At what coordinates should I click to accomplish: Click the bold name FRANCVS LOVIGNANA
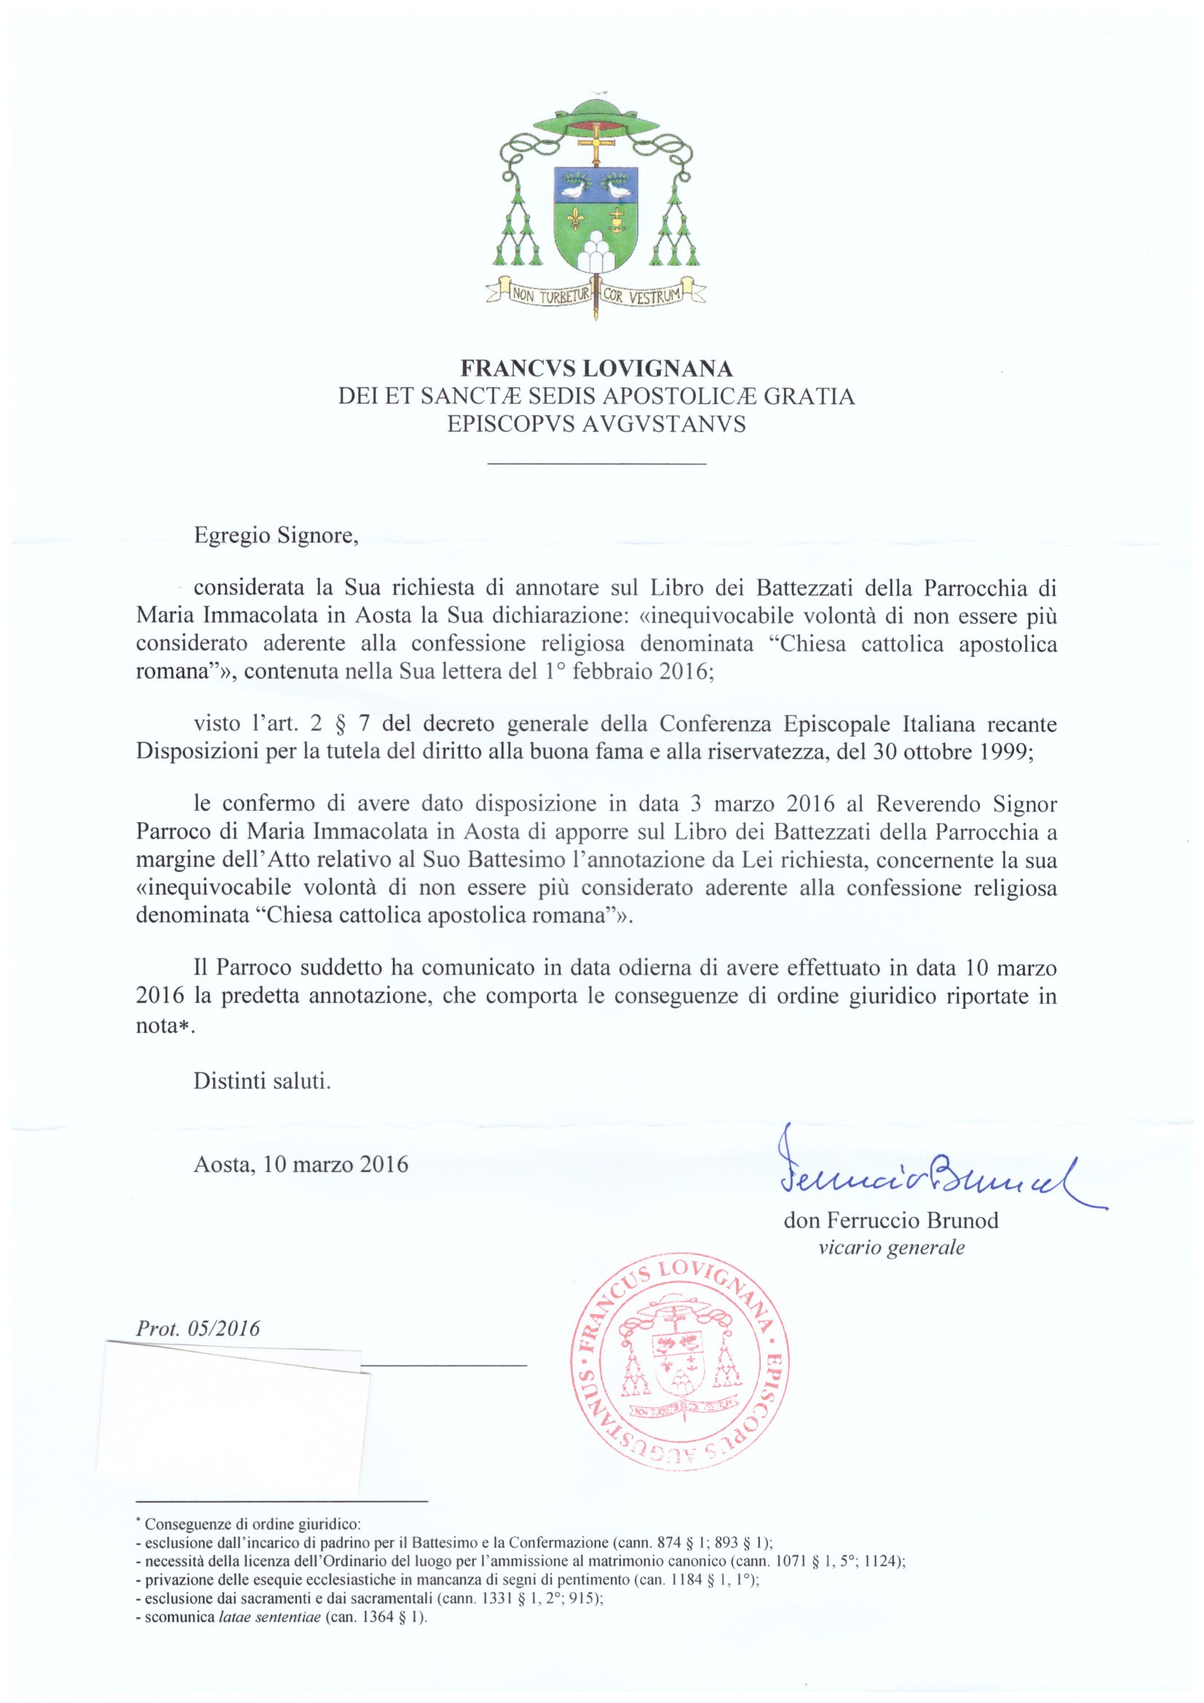[597, 369]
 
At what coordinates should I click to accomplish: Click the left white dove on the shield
[572, 191]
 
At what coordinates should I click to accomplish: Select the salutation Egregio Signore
[276, 535]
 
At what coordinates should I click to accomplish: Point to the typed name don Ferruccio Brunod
[891, 1220]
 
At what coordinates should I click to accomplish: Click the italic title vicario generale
[891, 1248]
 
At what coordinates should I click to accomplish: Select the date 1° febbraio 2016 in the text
[629, 672]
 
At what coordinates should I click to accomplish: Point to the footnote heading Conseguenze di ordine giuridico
[253, 1525]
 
